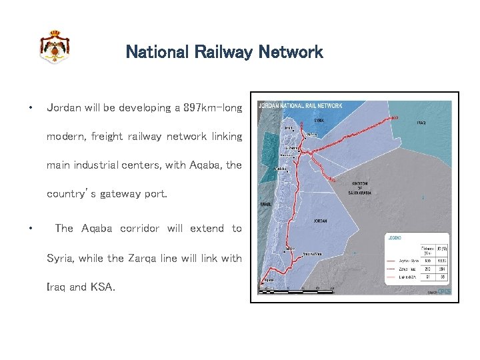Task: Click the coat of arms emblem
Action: (x=54, y=47)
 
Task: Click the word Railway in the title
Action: (x=223, y=52)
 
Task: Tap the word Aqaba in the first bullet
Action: (x=190, y=165)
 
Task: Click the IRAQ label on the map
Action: (x=421, y=123)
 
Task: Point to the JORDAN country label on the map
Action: (x=321, y=221)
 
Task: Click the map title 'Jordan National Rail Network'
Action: (x=300, y=105)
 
